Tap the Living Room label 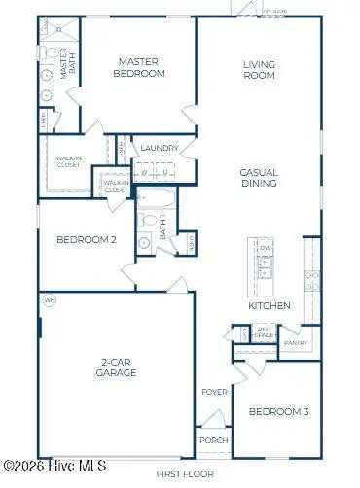click(x=260, y=71)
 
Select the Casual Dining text click(x=260, y=177)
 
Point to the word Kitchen click(x=270, y=305)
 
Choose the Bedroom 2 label click(x=86, y=240)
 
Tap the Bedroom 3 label click(x=278, y=412)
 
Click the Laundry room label click(x=160, y=149)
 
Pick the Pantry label click(x=296, y=343)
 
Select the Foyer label click(x=214, y=393)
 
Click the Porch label click(x=214, y=440)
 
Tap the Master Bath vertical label click(x=67, y=66)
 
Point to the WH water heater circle click(x=50, y=300)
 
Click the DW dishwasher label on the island click(x=264, y=249)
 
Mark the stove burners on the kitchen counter click(x=312, y=281)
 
